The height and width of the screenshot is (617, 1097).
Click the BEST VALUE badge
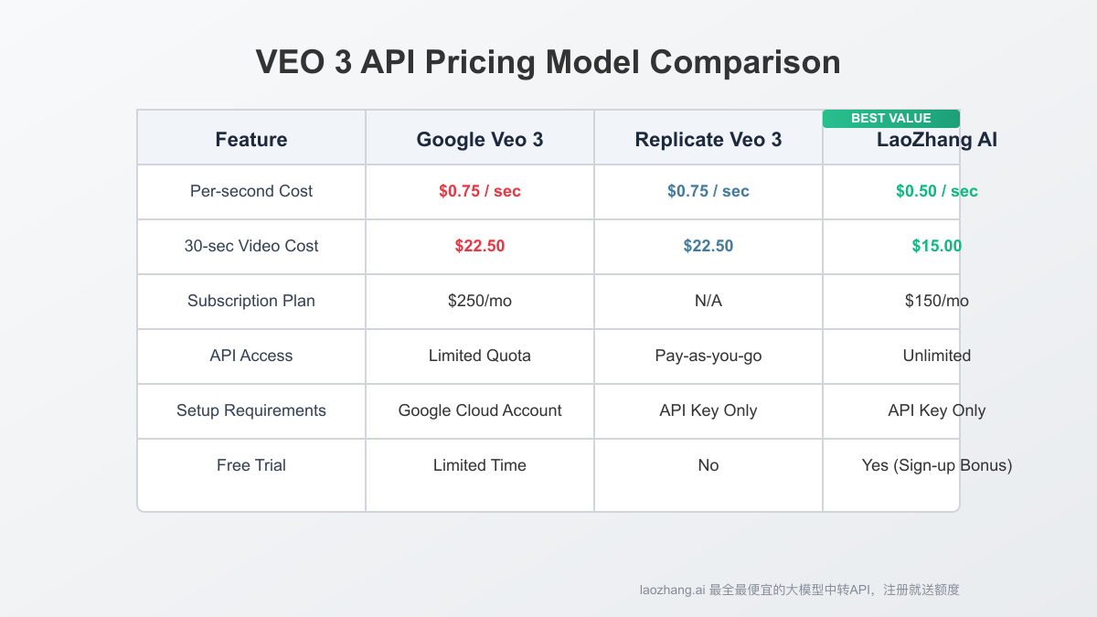pos(890,118)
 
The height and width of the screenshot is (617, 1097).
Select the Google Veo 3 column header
pos(480,140)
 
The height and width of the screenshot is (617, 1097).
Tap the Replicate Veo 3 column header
pos(708,140)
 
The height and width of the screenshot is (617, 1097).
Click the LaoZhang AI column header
pos(936,141)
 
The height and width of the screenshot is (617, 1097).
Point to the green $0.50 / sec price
pos(936,191)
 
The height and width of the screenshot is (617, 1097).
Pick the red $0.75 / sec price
pos(480,191)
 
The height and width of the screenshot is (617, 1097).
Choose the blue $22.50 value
pos(708,246)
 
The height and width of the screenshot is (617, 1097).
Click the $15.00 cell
pos(936,246)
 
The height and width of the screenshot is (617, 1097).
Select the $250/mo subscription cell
pos(480,301)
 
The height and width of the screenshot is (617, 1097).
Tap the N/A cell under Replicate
pos(708,301)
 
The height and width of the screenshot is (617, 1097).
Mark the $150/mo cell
pos(936,301)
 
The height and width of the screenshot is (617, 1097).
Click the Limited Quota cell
pos(480,356)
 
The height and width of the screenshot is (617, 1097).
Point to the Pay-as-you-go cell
pos(708,356)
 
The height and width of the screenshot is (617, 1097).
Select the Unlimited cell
pos(936,356)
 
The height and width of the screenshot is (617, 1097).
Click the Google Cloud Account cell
pos(480,410)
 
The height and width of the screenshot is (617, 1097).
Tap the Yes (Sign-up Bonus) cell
pos(936,465)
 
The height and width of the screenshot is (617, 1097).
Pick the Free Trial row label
pos(251,465)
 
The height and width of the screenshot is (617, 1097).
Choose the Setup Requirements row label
pos(251,410)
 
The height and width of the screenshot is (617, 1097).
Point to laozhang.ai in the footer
pos(672,590)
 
